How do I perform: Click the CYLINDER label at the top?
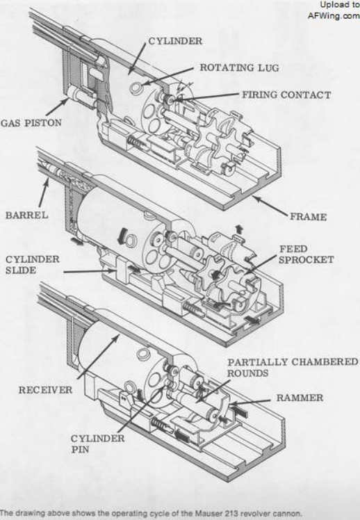(x=175, y=41)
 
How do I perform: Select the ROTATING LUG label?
(x=239, y=67)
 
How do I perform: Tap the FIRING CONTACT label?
(x=286, y=95)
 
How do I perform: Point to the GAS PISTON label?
(x=31, y=123)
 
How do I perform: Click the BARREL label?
(x=27, y=216)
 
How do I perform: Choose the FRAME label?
(x=309, y=217)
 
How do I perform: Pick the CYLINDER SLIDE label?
(x=32, y=265)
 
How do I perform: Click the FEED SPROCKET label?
(x=306, y=254)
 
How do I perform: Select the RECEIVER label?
(x=45, y=390)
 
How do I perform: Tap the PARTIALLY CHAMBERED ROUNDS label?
(x=293, y=368)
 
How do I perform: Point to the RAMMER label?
(x=300, y=398)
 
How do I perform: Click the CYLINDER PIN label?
(x=98, y=444)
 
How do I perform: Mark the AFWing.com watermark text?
(x=334, y=15)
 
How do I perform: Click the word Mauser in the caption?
(x=206, y=513)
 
